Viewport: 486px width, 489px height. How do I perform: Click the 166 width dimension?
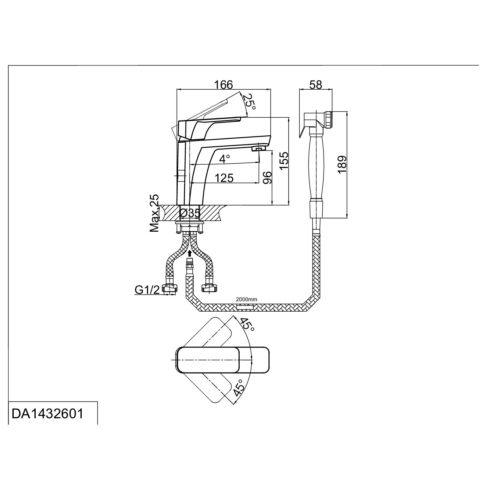pos(224,84)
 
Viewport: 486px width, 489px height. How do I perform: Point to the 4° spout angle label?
pos(225,159)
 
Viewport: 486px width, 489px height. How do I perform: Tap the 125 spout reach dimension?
pos(224,178)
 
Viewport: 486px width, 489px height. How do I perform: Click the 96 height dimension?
pos(267,177)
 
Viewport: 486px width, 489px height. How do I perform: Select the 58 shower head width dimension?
pos(316,84)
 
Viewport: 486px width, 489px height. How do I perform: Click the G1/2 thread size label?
pos(147,290)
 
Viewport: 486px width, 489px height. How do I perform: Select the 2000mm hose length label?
pos(246,299)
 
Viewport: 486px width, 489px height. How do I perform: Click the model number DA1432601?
pos(47,414)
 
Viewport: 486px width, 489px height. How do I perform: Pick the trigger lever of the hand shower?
pos(303,128)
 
